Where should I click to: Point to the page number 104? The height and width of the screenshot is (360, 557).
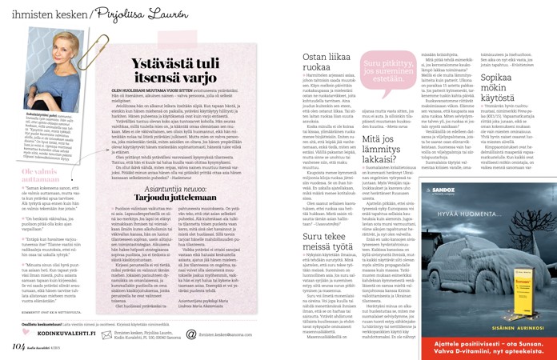(x=18, y=348)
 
